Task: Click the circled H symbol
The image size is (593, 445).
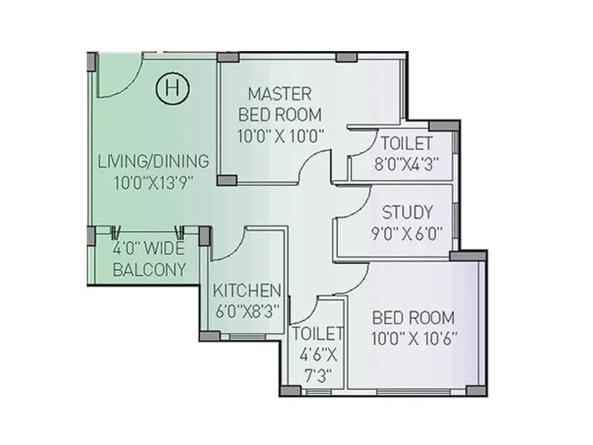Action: point(173,89)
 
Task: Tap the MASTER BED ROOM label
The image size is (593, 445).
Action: point(279,104)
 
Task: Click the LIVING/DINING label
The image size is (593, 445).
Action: point(153,161)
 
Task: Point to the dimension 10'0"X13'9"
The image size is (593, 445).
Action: point(153,182)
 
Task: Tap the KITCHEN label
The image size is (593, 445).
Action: point(247,290)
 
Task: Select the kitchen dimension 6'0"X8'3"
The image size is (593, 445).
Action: point(247,311)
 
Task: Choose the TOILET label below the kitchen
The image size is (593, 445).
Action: point(317,333)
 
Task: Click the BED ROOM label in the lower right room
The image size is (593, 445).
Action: point(414,318)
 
